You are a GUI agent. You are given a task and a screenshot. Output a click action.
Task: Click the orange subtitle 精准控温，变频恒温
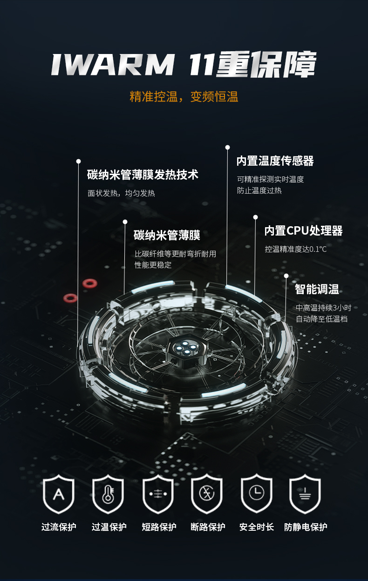(184, 97)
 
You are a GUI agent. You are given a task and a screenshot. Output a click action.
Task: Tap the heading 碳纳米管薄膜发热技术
(143, 175)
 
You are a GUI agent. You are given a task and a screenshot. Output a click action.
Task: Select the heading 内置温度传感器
(275, 161)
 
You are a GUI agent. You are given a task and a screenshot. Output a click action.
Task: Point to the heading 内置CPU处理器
(303, 231)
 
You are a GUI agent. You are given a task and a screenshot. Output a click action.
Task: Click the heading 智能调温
(317, 289)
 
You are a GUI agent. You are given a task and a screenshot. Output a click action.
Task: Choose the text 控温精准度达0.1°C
(296, 249)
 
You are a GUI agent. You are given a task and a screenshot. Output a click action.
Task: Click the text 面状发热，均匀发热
(121, 193)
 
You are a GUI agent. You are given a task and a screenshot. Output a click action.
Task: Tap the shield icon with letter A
(59, 493)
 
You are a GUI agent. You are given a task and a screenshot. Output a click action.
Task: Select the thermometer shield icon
(108, 493)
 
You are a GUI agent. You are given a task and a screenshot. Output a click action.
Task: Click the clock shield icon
(256, 493)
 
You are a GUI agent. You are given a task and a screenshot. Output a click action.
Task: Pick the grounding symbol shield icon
(305, 493)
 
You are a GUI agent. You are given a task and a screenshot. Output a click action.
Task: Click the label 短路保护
(159, 527)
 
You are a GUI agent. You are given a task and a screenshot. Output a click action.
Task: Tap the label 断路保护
(208, 527)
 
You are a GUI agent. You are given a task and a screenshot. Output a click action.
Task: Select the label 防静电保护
(306, 527)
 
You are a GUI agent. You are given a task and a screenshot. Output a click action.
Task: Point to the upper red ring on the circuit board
(89, 283)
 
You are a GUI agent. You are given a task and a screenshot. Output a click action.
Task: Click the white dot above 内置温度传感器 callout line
(227, 148)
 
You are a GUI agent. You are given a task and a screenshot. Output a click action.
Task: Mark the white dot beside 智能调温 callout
(286, 276)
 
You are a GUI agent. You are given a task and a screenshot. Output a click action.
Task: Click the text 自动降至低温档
(321, 319)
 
